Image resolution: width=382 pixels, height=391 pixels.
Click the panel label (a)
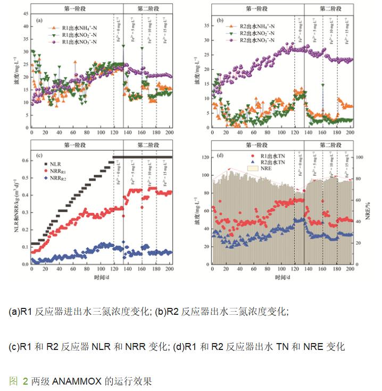tap(39, 20)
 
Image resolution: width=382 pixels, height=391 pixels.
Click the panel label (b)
tap(220, 20)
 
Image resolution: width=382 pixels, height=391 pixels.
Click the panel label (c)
tap(39, 155)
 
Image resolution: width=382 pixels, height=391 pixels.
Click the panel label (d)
tap(220, 155)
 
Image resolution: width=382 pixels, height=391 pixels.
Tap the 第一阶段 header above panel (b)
tap(258, 8)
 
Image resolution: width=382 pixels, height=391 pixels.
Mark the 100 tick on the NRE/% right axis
tap(360, 158)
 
